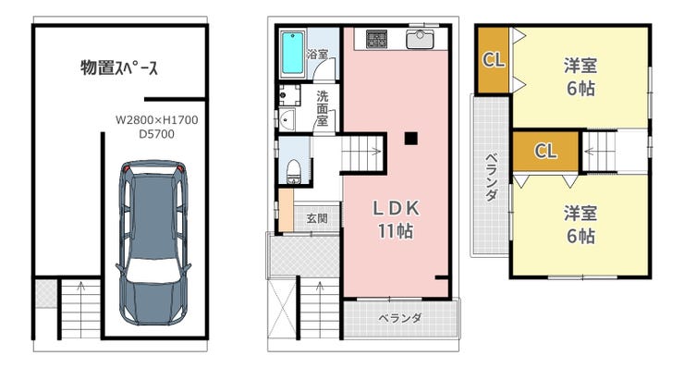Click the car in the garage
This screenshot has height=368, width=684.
tap(153, 243)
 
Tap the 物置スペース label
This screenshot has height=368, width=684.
tap(119, 67)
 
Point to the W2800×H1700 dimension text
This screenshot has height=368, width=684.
tap(156, 119)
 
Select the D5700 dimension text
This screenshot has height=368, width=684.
tap(156, 134)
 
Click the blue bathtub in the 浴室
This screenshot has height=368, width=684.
tap(292, 53)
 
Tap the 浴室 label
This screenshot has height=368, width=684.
tap(317, 55)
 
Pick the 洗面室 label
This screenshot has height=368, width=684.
tap(323, 108)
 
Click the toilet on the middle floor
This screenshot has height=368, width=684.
tap(293, 172)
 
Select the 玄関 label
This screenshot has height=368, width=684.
tap(317, 217)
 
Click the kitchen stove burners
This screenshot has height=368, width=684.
tap(376, 39)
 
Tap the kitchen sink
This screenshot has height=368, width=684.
tap(420, 39)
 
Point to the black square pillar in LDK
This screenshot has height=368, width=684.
tap(411, 139)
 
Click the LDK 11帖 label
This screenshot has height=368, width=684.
tap(396, 219)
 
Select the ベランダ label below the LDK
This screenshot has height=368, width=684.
tap(400, 318)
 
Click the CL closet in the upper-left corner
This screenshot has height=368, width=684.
tap(494, 59)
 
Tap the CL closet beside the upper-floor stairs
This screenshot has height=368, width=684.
tap(545, 151)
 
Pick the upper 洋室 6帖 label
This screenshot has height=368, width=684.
tap(580, 78)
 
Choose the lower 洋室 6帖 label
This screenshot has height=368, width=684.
tap(580, 225)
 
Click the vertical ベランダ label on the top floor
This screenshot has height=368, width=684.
tap(492, 177)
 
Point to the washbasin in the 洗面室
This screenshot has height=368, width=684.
tap(287, 119)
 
